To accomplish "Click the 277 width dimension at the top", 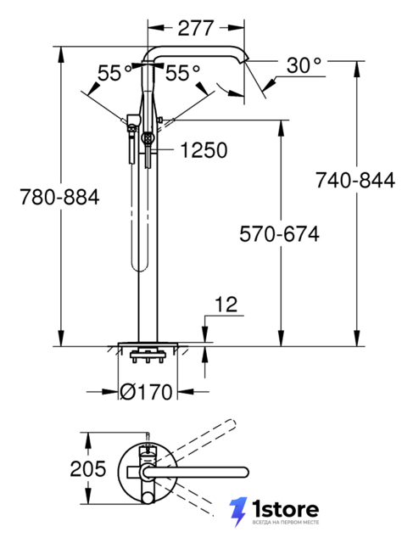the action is (196, 28).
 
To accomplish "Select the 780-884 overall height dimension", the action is (59, 197).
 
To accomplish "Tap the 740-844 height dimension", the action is (355, 181).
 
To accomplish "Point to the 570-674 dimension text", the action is (279, 234).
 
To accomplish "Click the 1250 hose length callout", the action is (204, 150).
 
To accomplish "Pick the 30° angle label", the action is (304, 64).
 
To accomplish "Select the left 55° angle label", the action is (114, 73).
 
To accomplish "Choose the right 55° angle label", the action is (183, 73).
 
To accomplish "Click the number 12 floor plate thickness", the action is (226, 305).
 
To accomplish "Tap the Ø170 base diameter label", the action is (146, 392).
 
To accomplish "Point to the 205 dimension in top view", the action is (88, 469).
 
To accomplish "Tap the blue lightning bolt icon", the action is (238, 512).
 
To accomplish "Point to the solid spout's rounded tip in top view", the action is (245, 472).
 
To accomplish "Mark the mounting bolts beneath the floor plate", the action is (147, 357).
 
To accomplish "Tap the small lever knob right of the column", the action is (160, 120).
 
